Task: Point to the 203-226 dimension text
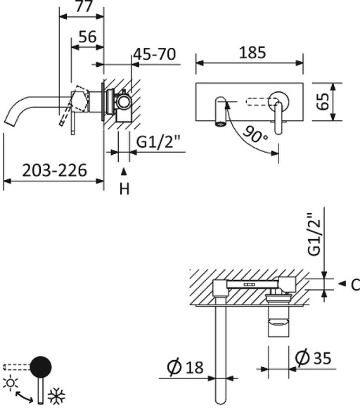[54, 170]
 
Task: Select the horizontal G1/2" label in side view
[158, 142]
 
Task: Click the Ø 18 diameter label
[185, 366]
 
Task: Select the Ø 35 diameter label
[313, 358]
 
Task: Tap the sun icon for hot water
[11, 383]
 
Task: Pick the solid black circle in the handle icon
[42, 366]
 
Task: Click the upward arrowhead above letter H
[124, 171]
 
